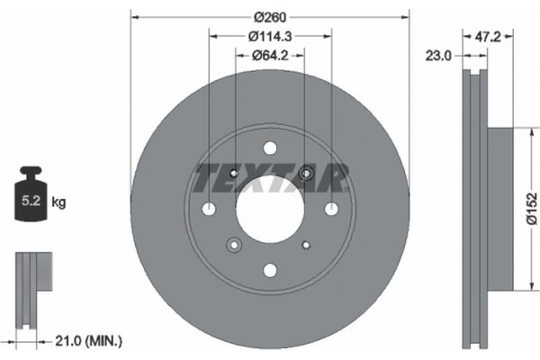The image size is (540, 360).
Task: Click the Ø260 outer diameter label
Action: coord(270,16)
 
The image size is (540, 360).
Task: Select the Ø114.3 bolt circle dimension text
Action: coord(270,37)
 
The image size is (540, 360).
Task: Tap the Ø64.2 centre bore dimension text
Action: coord(270,56)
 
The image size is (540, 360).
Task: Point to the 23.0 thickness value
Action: coord(438,56)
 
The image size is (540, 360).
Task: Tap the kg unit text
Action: coord(58,203)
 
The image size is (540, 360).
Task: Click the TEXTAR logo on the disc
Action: coord(270,178)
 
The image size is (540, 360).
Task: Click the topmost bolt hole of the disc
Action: coord(270,148)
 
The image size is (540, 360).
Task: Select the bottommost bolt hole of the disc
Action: coord(270,270)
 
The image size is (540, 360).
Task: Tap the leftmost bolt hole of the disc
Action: coord(209,210)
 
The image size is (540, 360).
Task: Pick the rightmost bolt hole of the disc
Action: coord(331,210)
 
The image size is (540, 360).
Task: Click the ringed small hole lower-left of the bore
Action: coord(235,244)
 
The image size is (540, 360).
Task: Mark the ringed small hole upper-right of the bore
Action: coord(306,174)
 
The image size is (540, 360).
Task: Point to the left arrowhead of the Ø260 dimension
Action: coord(134,16)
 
